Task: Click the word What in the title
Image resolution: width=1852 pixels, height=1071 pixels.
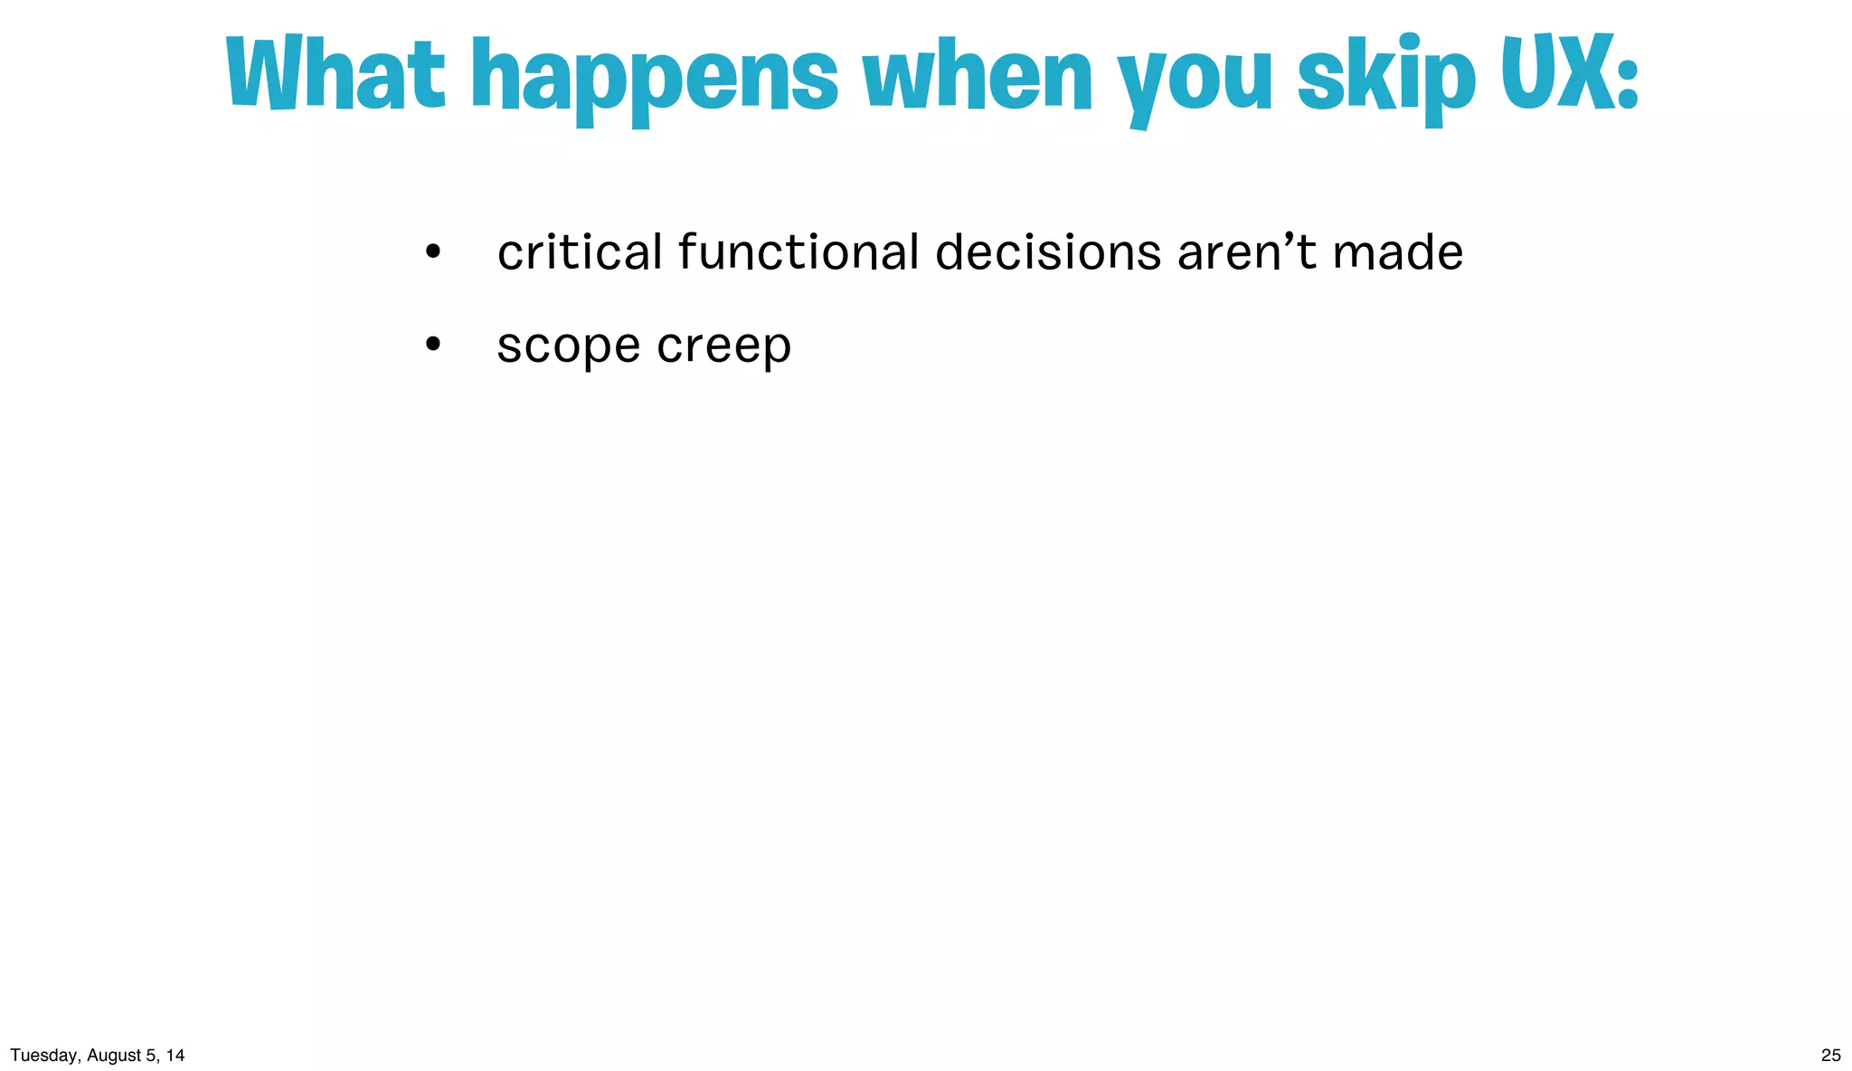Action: pos(335,74)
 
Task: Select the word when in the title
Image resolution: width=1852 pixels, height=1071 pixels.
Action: pos(978,77)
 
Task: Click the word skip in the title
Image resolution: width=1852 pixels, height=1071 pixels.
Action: pos(1386,77)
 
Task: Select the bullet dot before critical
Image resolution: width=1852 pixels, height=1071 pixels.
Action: pos(433,251)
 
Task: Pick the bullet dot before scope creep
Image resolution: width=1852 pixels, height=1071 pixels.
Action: pos(433,345)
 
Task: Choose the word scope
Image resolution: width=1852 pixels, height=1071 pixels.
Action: pos(569,347)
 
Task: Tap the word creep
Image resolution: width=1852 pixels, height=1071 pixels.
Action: pos(723,347)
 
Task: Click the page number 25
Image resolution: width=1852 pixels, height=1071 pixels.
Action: pos(1830,1055)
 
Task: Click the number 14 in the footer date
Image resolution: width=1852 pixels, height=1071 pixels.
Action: pos(175,1055)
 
